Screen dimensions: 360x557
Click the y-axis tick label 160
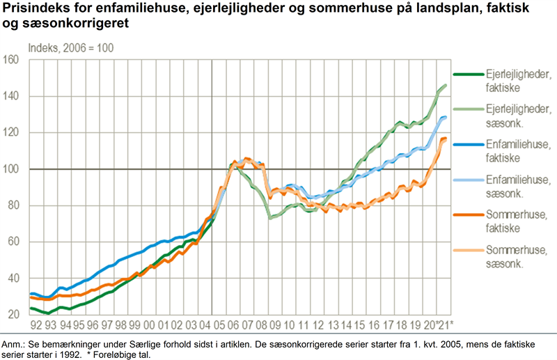coord(12,60)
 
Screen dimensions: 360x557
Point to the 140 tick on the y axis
coord(12,96)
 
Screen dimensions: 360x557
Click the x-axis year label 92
coord(33,325)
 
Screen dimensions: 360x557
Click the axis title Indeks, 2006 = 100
coord(70,49)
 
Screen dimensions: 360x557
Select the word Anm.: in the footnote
coord(15,344)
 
